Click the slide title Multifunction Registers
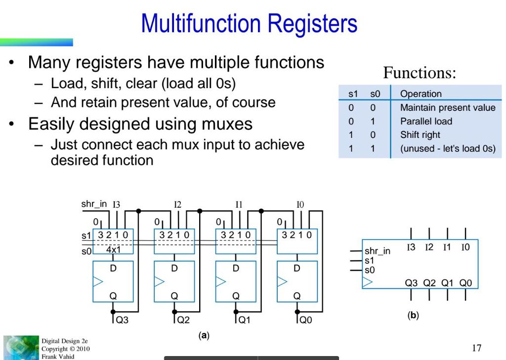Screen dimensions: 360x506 249,23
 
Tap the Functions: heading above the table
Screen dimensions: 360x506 419,73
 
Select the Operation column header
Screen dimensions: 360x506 421,94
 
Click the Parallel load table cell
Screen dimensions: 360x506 426,121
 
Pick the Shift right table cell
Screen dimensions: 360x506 420,135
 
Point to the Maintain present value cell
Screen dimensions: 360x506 447,108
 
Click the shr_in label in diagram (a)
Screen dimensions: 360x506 93,204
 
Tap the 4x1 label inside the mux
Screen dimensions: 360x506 113,250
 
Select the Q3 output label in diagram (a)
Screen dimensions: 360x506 122,320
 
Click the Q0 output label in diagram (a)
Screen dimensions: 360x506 306,320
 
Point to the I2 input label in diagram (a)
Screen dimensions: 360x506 178,205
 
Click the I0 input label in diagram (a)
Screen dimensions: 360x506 300,205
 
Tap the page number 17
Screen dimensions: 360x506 476,348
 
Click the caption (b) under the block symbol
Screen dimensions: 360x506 413,315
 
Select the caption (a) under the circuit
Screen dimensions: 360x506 204,336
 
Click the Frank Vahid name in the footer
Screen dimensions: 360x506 58,356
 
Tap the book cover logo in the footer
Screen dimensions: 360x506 21,348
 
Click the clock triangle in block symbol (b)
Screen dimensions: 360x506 367,282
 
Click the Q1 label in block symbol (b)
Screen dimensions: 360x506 447,283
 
